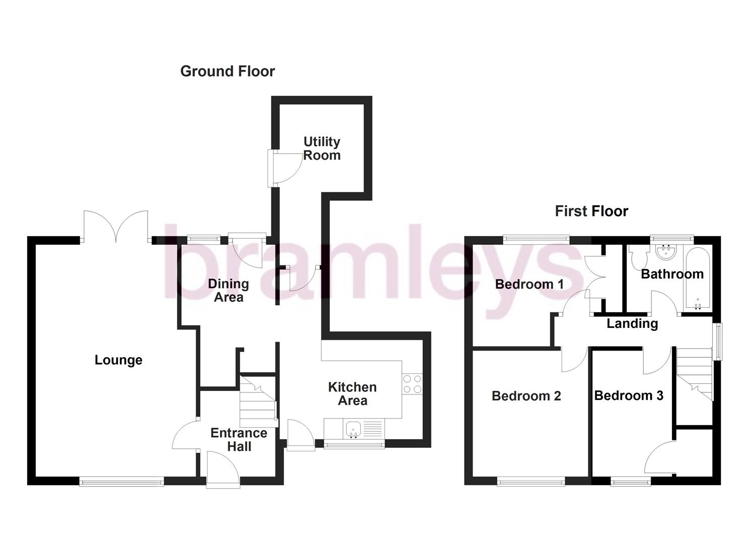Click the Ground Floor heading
[x=227, y=72]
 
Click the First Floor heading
[x=591, y=211]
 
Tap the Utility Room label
[x=322, y=149]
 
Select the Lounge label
[x=118, y=360]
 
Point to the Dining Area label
[x=228, y=291]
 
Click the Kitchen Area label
[x=353, y=394]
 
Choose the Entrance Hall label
[x=239, y=440]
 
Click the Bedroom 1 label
[x=529, y=285]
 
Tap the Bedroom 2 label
[x=526, y=396]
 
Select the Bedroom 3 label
[x=629, y=396]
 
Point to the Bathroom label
[x=672, y=275]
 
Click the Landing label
[x=632, y=323]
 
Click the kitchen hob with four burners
[x=413, y=384]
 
